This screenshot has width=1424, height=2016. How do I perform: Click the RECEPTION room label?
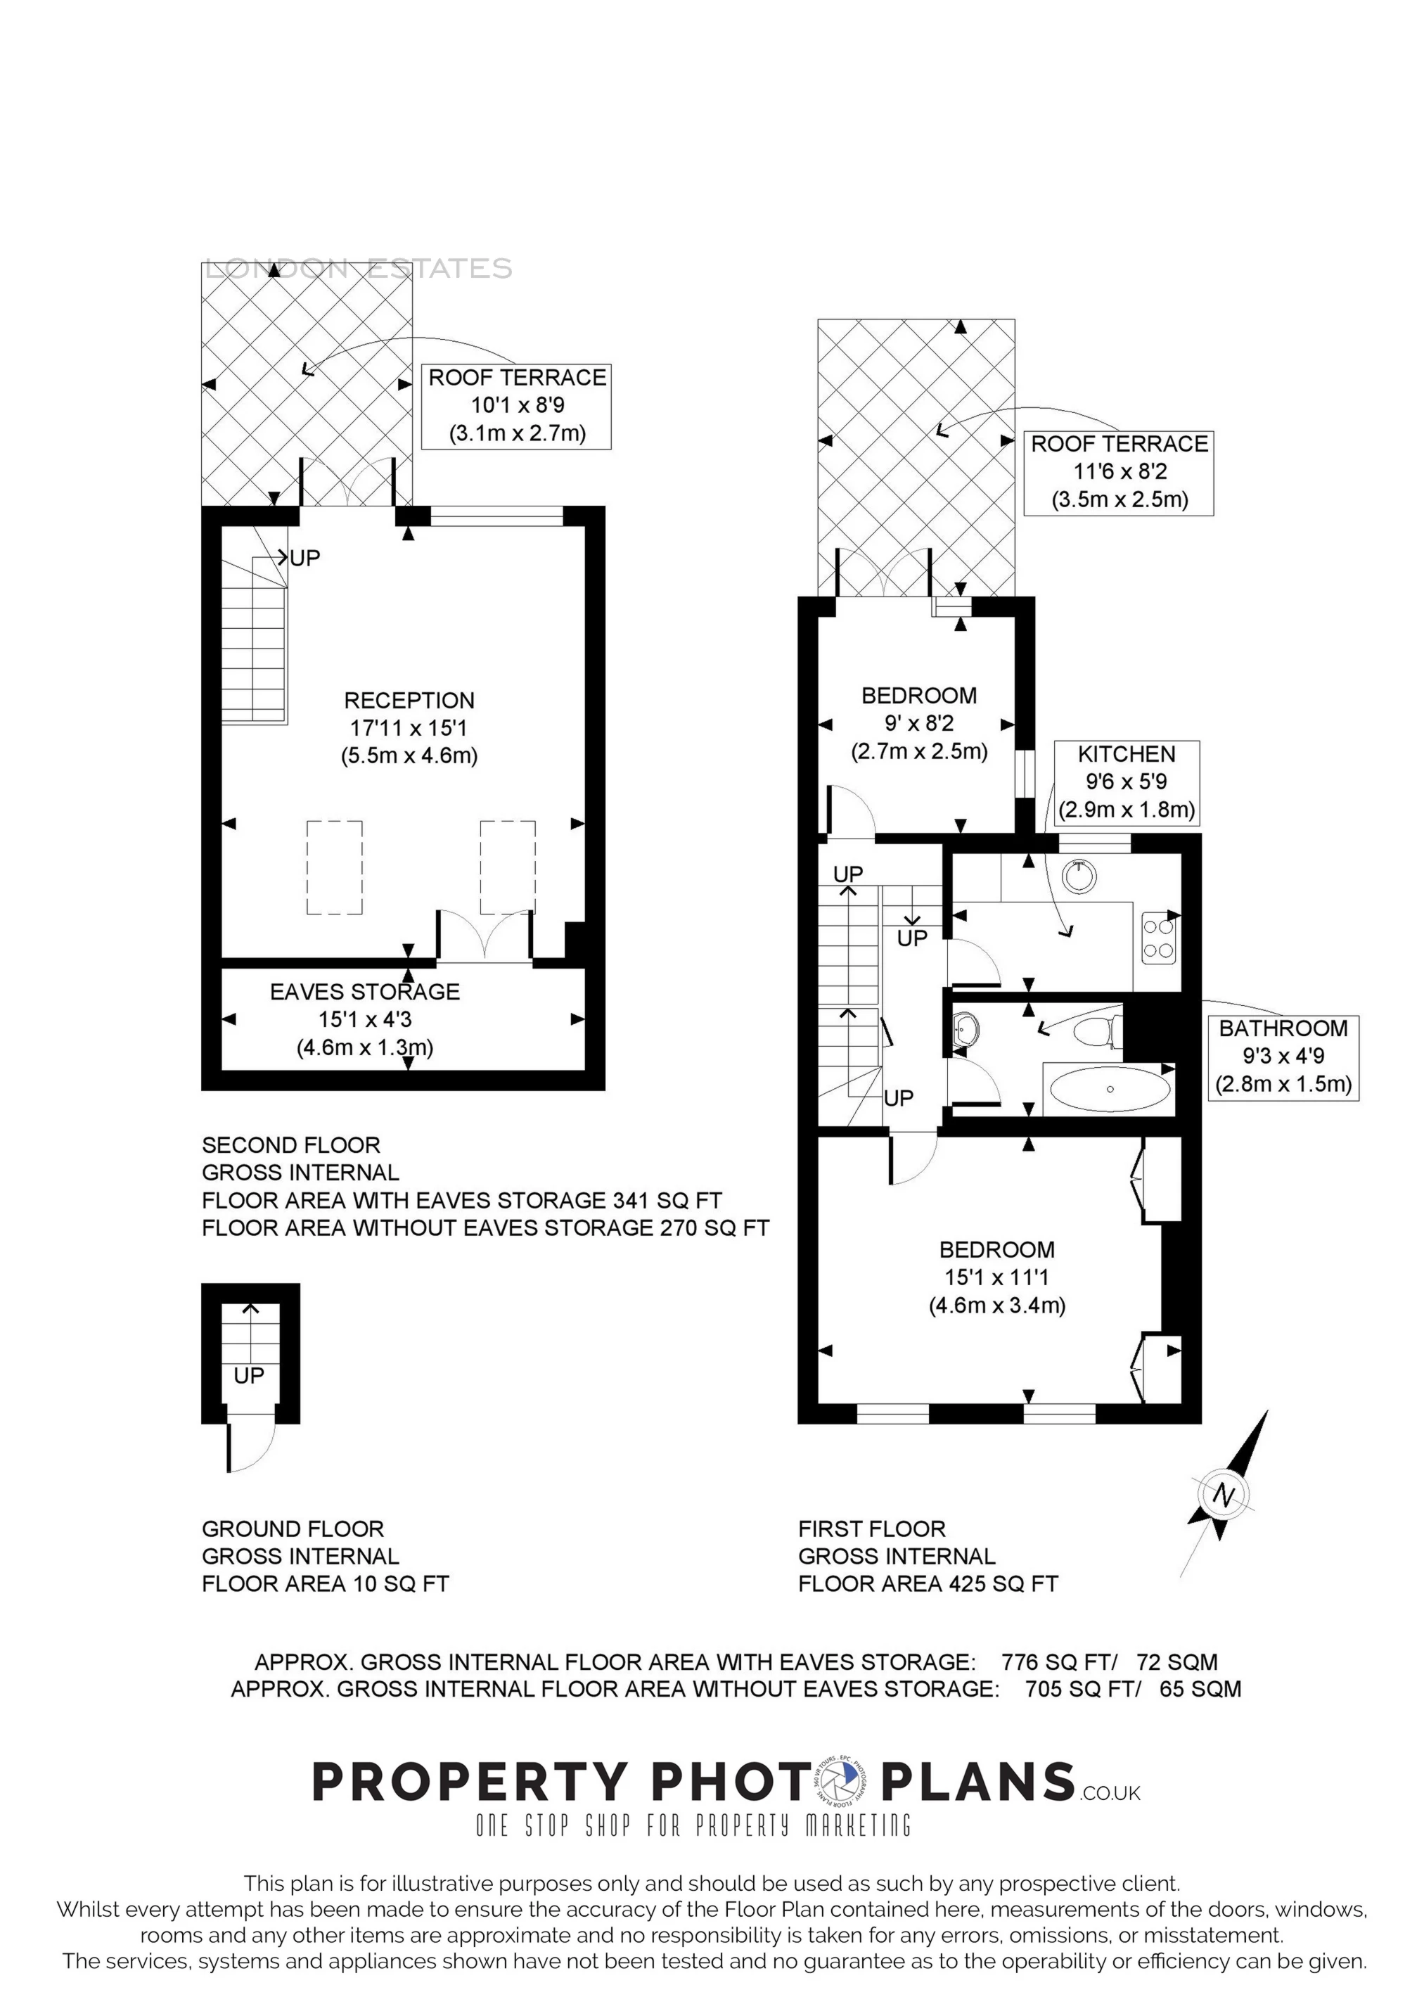tap(409, 701)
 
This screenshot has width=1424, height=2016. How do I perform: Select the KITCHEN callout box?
tap(1127, 781)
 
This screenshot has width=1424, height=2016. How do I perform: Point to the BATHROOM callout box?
tap(1283, 1057)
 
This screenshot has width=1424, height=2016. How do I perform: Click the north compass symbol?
tap(1224, 1495)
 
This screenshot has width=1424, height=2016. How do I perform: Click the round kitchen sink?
tap(1078, 876)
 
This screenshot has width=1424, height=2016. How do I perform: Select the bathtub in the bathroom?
tap(1110, 1090)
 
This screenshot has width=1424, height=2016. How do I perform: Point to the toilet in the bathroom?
tap(1098, 1033)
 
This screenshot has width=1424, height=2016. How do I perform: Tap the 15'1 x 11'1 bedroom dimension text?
tap(996, 1277)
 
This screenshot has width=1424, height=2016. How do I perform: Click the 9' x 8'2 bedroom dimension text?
tap(918, 724)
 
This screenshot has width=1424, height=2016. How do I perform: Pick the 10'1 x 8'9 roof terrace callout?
tap(516, 406)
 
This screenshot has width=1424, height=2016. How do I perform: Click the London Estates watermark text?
tap(358, 268)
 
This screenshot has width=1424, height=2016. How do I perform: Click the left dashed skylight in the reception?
tap(335, 867)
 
